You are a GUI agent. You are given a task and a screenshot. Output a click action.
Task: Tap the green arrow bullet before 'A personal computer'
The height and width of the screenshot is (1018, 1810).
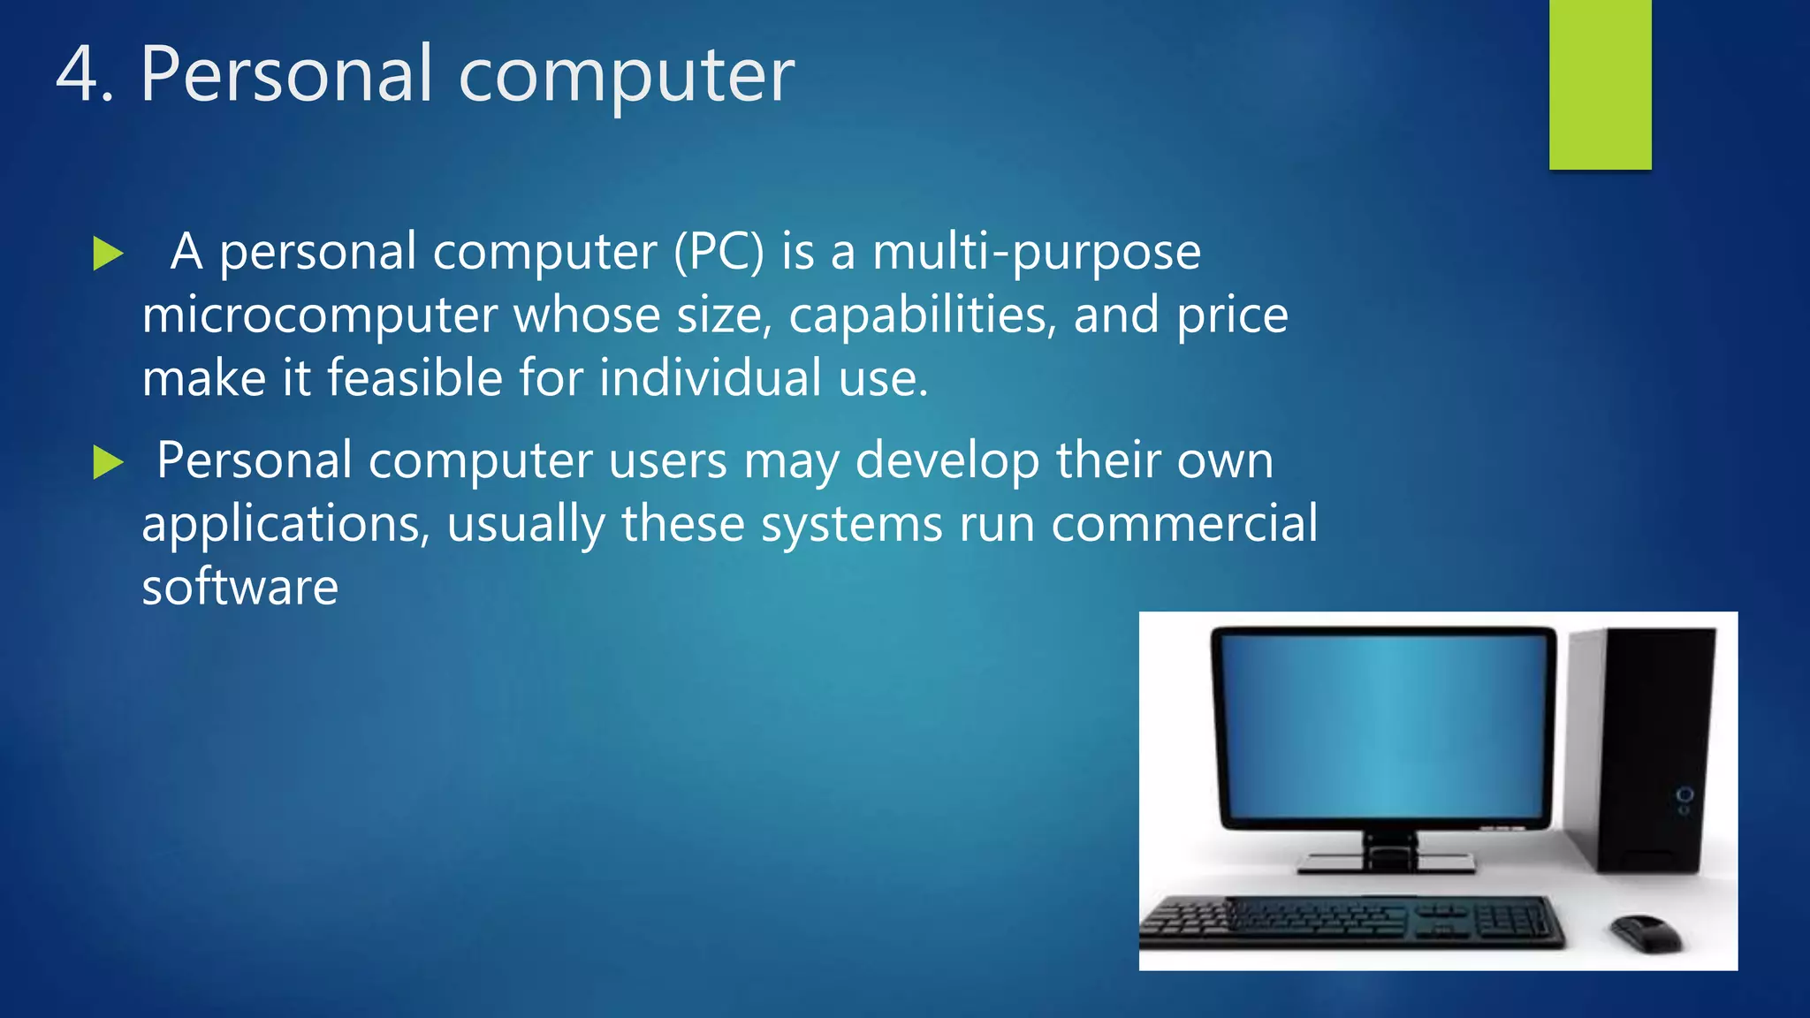(x=108, y=254)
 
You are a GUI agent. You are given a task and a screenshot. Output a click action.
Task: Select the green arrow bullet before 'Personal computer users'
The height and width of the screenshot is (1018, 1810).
(x=108, y=462)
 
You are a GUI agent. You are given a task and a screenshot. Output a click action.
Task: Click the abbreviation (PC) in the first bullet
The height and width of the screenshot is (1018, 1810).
(x=719, y=252)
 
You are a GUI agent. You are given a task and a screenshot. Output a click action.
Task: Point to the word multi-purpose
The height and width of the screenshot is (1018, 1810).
(x=1037, y=254)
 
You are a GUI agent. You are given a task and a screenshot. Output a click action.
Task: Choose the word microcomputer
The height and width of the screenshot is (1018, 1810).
(x=320, y=315)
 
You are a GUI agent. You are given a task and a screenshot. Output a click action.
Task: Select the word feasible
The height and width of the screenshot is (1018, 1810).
(x=414, y=378)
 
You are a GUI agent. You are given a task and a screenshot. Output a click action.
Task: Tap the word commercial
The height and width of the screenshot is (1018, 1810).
(x=1184, y=523)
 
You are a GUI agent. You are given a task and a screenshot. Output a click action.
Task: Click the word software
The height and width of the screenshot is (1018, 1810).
(x=240, y=587)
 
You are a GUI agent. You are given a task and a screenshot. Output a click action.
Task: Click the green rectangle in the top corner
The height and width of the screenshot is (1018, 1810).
(x=1600, y=84)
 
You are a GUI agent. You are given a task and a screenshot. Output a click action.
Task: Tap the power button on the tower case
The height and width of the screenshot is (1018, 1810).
(x=1685, y=795)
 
